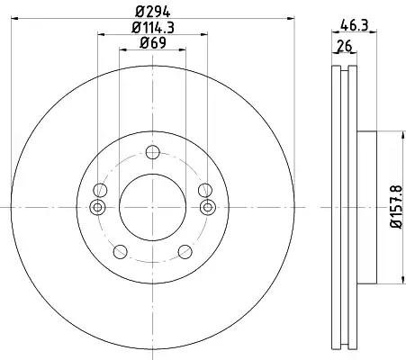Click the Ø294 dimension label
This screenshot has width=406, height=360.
[x=152, y=12]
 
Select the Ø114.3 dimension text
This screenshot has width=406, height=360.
[x=153, y=28]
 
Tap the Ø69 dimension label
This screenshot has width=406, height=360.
[x=153, y=43]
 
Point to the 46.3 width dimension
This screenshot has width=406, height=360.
[x=355, y=25]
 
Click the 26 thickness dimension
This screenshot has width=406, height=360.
[x=344, y=47]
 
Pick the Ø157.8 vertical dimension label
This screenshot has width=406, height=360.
[x=396, y=207]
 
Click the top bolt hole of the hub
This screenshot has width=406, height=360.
[x=152, y=152]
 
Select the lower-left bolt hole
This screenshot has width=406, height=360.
[x=121, y=251]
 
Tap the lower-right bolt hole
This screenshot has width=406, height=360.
[x=185, y=251]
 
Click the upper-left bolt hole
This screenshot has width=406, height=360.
[x=100, y=190]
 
